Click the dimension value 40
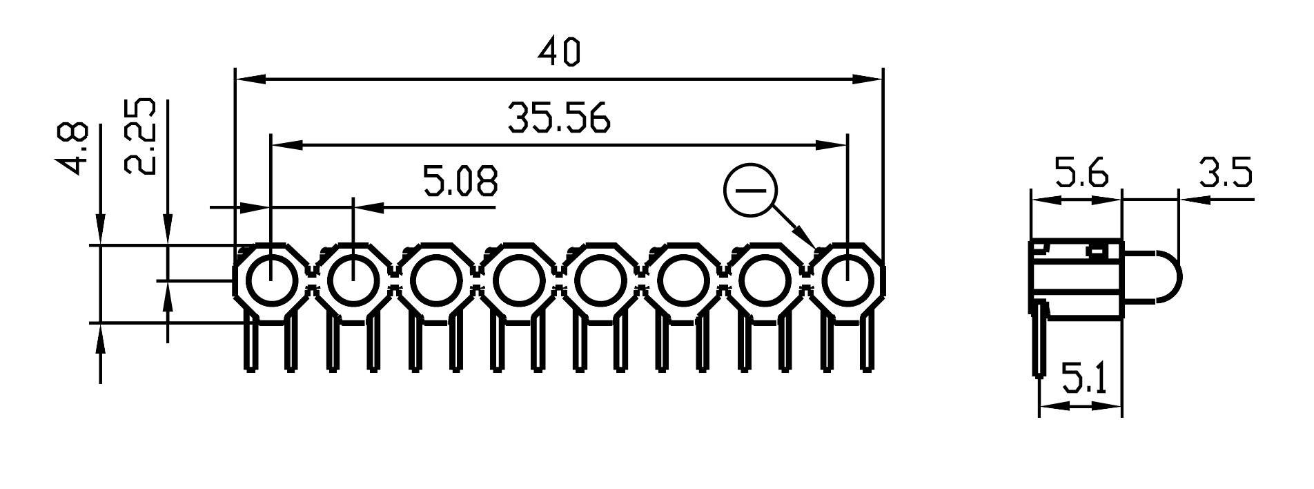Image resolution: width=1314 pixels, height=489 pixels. click(559, 53)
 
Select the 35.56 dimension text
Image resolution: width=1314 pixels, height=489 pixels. click(559, 118)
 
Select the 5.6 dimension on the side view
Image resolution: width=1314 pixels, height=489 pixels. click(1081, 174)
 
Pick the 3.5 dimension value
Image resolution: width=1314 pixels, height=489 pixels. click(1224, 174)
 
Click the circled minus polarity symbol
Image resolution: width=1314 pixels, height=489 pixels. click(750, 191)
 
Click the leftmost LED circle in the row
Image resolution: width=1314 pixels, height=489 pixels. click(271, 281)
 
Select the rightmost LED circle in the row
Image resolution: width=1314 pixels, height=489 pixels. click(846, 281)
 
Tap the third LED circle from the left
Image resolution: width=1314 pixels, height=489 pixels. click(435, 281)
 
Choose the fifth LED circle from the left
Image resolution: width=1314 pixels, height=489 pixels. click(599, 281)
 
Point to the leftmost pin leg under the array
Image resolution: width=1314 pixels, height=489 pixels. click(250, 344)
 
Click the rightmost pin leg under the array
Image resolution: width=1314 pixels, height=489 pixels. click(867, 344)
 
